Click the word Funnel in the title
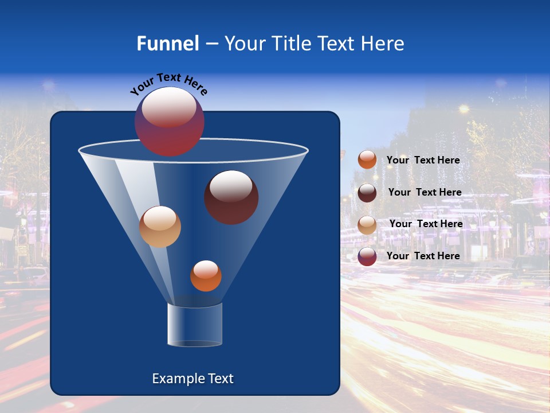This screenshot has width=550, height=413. (x=167, y=44)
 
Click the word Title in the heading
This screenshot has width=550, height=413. (x=291, y=44)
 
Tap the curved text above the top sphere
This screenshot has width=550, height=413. (x=169, y=84)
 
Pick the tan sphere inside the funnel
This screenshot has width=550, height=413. (x=160, y=227)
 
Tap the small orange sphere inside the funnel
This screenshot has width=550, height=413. (x=206, y=276)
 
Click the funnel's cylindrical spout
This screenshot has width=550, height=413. (x=195, y=325)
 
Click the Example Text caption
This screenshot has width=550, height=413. (x=193, y=379)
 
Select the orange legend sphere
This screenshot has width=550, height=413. (x=367, y=160)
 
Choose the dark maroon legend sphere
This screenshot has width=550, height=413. (x=367, y=193)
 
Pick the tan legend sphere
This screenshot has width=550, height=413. (x=367, y=224)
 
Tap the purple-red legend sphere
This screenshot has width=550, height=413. (x=367, y=256)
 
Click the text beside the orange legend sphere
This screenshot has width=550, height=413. (x=423, y=160)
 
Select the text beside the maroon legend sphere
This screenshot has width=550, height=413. (x=425, y=192)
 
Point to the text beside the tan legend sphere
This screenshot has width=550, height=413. (x=426, y=224)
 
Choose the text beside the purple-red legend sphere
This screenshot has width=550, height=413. (x=423, y=256)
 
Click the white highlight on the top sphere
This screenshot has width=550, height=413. (x=169, y=107)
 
